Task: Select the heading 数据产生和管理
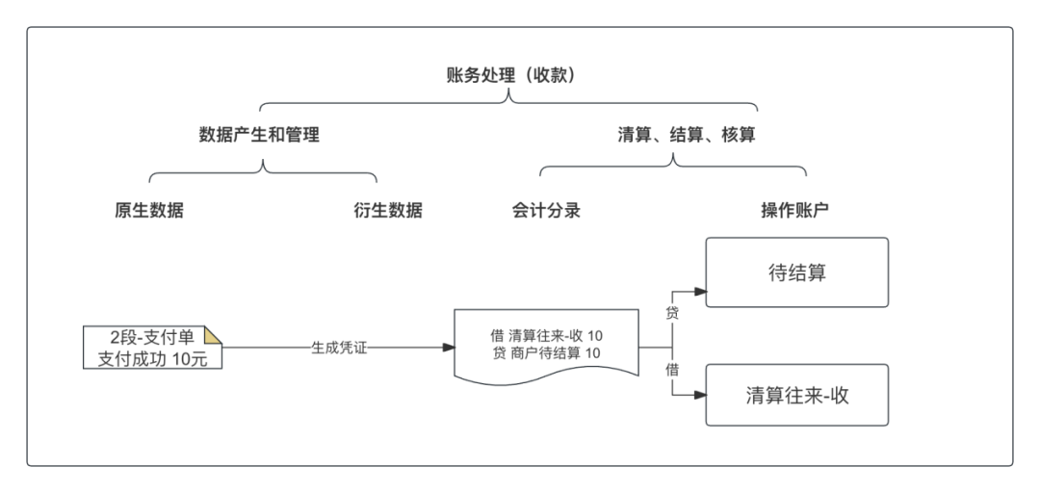[x=258, y=136]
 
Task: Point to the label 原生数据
[x=148, y=211]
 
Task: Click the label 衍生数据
[x=387, y=211]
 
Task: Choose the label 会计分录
[x=546, y=211]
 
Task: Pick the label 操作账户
[x=794, y=211]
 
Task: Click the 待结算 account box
[x=797, y=272]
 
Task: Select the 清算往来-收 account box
[x=797, y=395]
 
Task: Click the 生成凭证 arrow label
[x=339, y=348]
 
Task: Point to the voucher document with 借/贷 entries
[x=546, y=345]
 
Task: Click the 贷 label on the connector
[x=672, y=313]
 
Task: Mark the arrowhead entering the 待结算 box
[x=701, y=292]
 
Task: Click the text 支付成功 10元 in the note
[x=152, y=359]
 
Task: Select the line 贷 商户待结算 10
[x=546, y=353]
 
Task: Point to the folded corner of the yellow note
[x=215, y=333]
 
